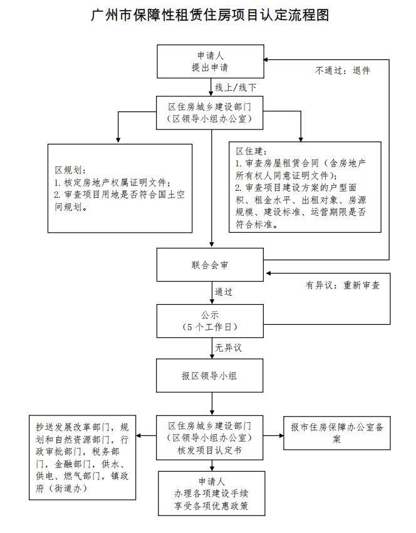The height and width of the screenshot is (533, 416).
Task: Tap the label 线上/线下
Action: pyautogui.click(x=235, y=86)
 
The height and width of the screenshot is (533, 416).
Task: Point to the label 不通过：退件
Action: pyautogui.click(x=342, y=71)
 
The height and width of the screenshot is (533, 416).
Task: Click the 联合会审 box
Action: pyautogui.click(x=211, y=265)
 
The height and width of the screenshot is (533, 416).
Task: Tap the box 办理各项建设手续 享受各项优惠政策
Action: pyautogui.click(x=211, y=494)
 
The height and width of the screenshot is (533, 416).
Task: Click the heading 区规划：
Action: pyautogui.click(x=71, y=170)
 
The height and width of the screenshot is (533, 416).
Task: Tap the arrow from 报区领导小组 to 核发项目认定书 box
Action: pyautogui.click(x=211, y=405)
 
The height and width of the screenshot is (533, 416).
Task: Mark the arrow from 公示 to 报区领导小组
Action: pyautogui.click(x=211, y=348)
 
